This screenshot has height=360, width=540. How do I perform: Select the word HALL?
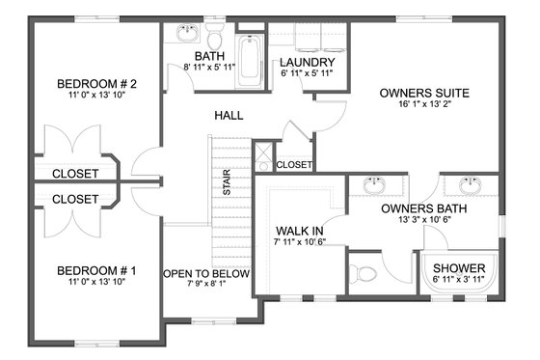[229, 116]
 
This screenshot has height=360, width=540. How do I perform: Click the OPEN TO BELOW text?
[206, 274]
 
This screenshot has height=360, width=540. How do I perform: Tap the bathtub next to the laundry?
[249, 60]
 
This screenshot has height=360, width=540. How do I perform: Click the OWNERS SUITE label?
[423, 94]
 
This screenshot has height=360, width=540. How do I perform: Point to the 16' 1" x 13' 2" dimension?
[423, 107]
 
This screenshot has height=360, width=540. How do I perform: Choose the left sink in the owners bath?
[371, 185]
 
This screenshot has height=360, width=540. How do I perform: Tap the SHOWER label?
[457, 269]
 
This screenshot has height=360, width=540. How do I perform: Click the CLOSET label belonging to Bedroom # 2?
[74, 174]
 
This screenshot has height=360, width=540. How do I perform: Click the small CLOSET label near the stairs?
[294, 165]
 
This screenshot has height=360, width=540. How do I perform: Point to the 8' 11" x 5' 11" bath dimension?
[209, 68]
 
